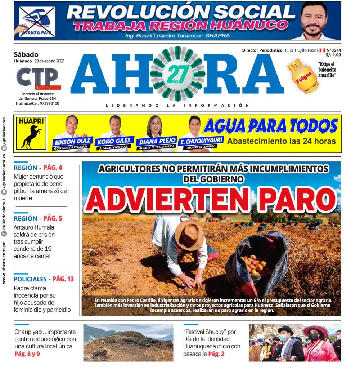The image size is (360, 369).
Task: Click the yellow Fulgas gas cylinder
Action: coord(303,76)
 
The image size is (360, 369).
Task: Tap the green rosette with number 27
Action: coord(177,74)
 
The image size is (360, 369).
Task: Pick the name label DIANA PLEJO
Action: coord(157,141)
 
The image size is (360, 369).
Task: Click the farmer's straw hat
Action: coord(189,234)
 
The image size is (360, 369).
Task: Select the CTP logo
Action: coord(37,77)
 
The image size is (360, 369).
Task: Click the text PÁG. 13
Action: coord(63,279)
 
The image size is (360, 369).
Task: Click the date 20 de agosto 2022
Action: coord(49,61)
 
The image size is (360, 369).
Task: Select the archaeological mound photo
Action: coord(128,343)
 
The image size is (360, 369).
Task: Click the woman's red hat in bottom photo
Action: coord(315,330)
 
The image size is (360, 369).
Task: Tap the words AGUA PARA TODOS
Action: coord(270,126)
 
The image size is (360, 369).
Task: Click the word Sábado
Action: coord(26,54)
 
